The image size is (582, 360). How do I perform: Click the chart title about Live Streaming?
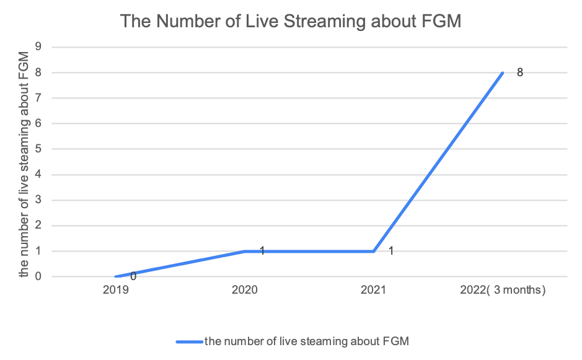[x=291, y=20]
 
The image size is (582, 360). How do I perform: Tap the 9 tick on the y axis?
[x=38, y=46]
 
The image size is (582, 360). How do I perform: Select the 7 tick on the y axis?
[x=38, y=98]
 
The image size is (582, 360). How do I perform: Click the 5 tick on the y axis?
[x=38, y=149]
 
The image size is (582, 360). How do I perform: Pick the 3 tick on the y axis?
[x=38, y=200]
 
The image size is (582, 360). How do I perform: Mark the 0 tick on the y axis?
[x=38, y=277]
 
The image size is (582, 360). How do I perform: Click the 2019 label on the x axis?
[x=116, y=289]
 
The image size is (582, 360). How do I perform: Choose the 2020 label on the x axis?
[x=245, y=289]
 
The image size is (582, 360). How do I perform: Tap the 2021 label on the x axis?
[x=374, y=289]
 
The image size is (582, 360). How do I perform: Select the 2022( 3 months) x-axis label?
[x=503, y=289]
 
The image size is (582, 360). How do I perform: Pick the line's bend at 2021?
[x=374, y=251]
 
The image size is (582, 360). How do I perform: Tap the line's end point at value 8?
[x=503, y=72]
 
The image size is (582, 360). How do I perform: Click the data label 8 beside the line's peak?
[x=520, y=72]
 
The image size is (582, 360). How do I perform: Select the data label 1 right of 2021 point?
[x=391, y=251]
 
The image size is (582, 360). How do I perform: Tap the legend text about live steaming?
[x=307, y=341]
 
